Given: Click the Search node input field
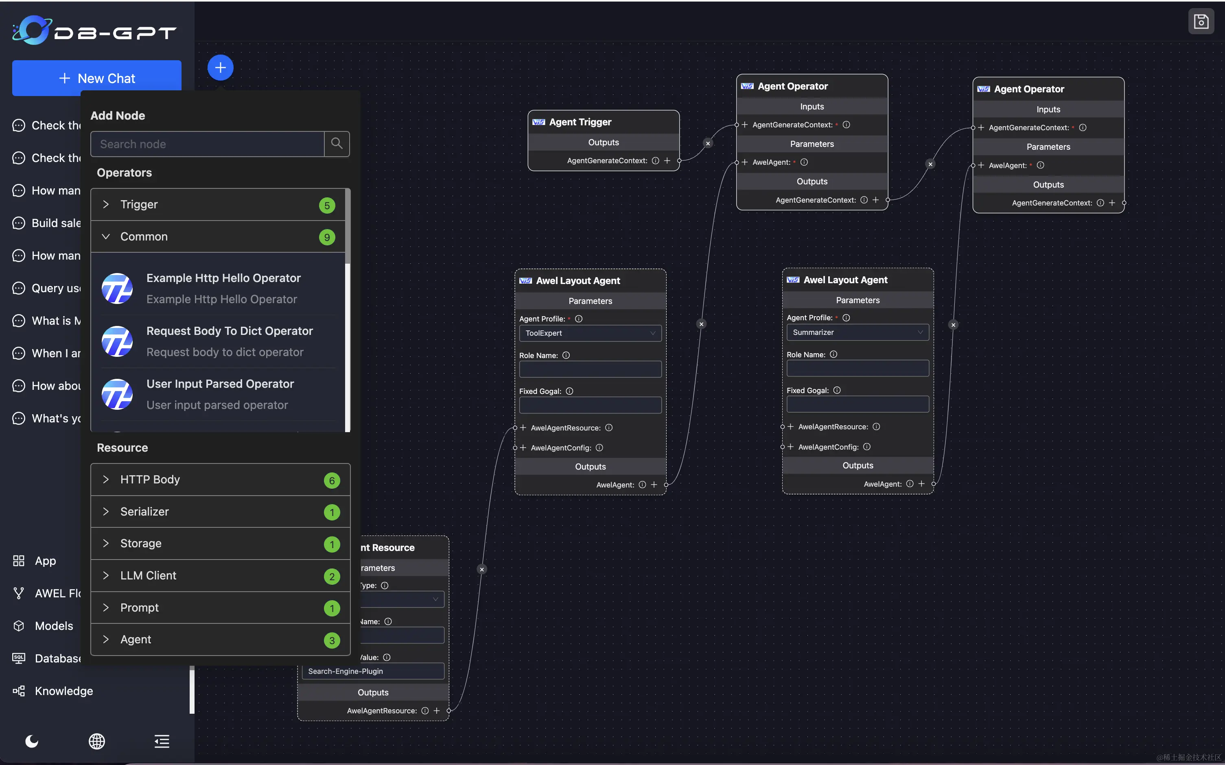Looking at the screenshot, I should pos(208,144).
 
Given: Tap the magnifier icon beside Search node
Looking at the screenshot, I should pos(337,144).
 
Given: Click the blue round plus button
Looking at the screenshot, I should pos(220,67).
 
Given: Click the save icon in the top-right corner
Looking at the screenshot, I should pos(1201,21).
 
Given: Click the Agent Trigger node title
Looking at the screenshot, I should pos(580,122).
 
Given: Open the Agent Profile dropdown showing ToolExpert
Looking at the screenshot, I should pos(590,333).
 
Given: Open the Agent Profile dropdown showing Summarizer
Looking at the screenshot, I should pos(857,332).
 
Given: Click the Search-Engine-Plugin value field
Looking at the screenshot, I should pos(373,671).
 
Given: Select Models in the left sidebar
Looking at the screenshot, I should pos(54,626).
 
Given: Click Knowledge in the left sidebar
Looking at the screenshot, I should pos(64,691).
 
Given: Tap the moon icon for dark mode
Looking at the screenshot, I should pos(31,741).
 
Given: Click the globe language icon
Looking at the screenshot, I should pos(96,741).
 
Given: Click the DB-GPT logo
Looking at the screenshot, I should pos(94,31).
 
